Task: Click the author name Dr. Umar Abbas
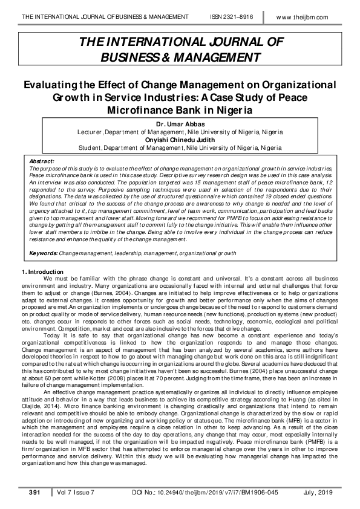[x=179, y=124]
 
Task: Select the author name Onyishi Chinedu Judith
[x=179, y=139]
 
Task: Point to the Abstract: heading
[x=42, y=161]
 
